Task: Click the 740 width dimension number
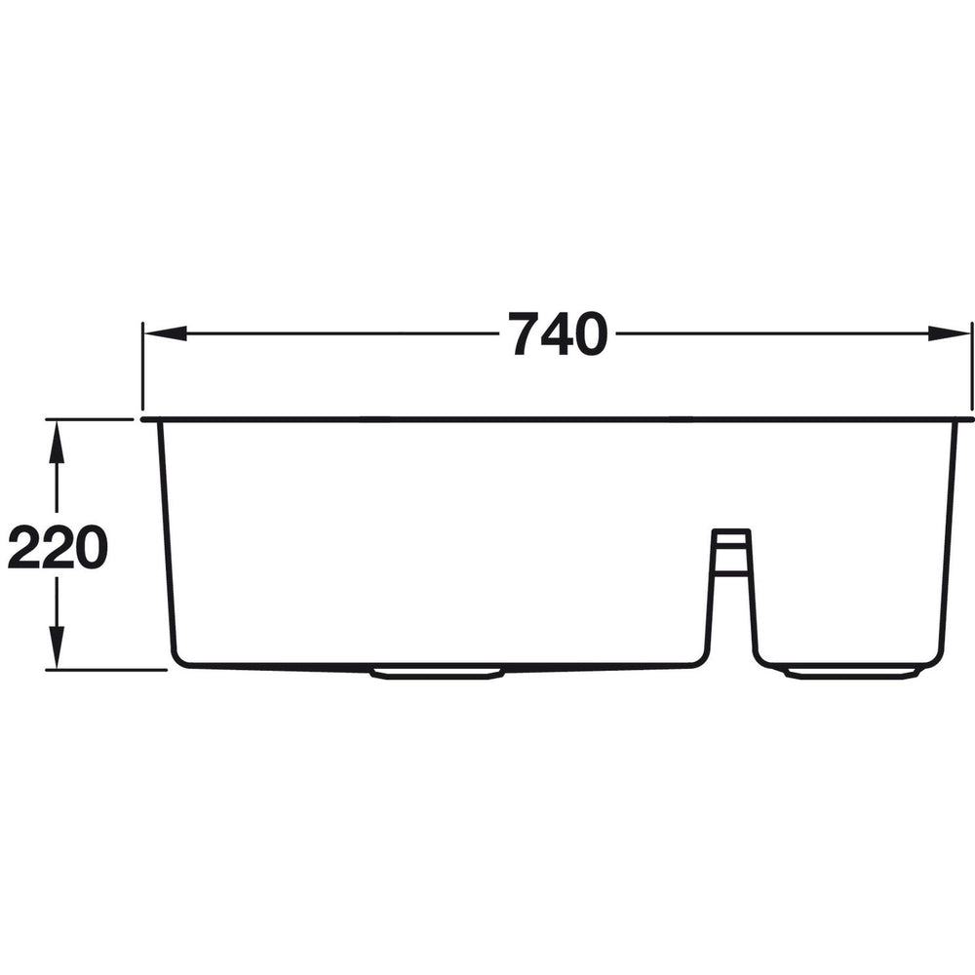[559, 334]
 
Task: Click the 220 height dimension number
[57, 549]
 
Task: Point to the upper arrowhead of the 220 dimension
[57, 440]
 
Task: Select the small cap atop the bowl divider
[730, 535]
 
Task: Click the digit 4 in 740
[559, 334]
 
